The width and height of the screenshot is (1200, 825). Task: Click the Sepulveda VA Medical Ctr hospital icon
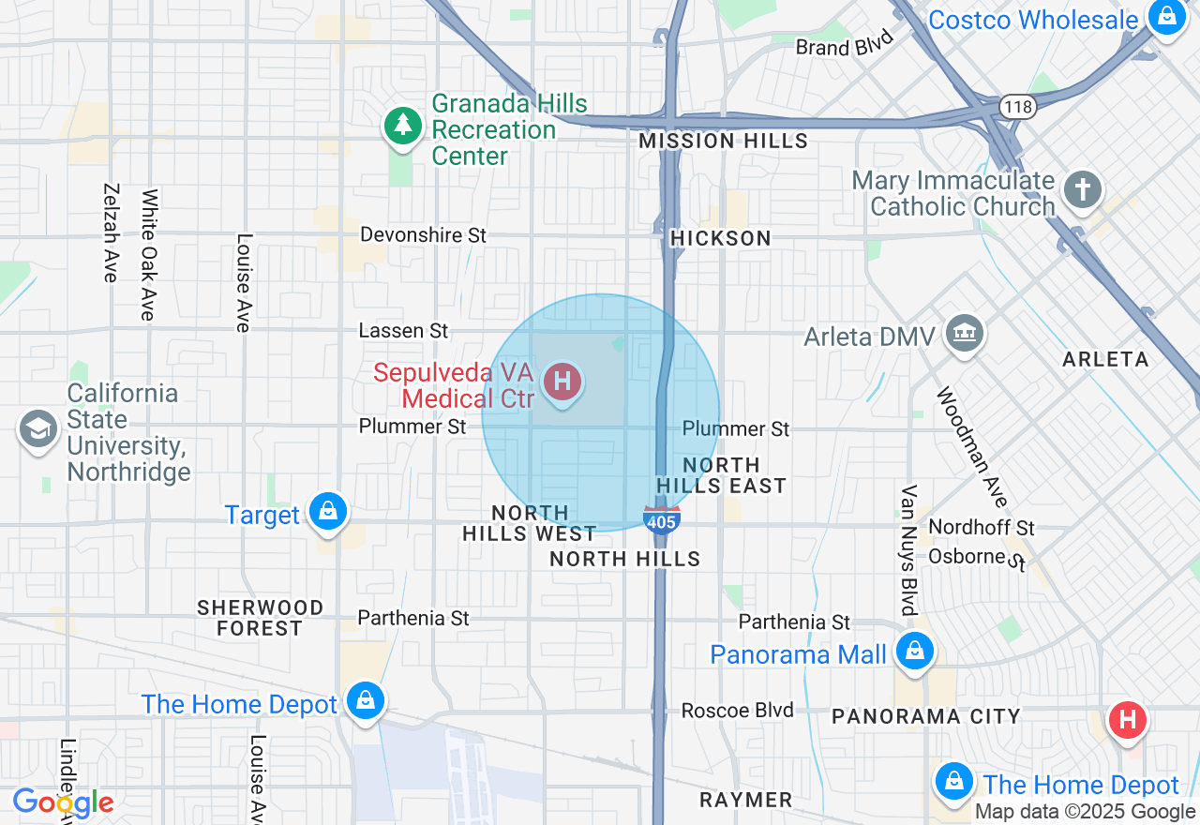click(x=562, y=382)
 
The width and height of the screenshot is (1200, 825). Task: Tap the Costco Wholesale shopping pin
click(x=1166, y=17)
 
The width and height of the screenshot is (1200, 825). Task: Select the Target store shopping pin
click(x=328, y=512)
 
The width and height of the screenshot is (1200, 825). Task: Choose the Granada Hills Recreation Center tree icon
click(x=403, y=126)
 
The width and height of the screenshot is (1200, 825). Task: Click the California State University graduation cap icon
click(x=37, y=430)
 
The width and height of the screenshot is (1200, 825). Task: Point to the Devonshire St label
click(x=424, y=234)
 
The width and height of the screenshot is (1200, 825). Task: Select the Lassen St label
click(x=404, y=331)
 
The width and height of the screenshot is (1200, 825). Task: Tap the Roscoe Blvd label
click(x=738, y=710)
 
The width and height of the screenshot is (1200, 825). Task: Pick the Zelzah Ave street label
click(x=111, y=232)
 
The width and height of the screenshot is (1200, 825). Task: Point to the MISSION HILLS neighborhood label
click(x=723, y=142)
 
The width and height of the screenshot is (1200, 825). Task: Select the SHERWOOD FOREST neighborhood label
click(x=260, y=618)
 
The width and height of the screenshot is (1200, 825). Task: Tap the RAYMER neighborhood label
click(x=746, y=800)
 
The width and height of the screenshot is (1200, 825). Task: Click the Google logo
click(x=63, y=802)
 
